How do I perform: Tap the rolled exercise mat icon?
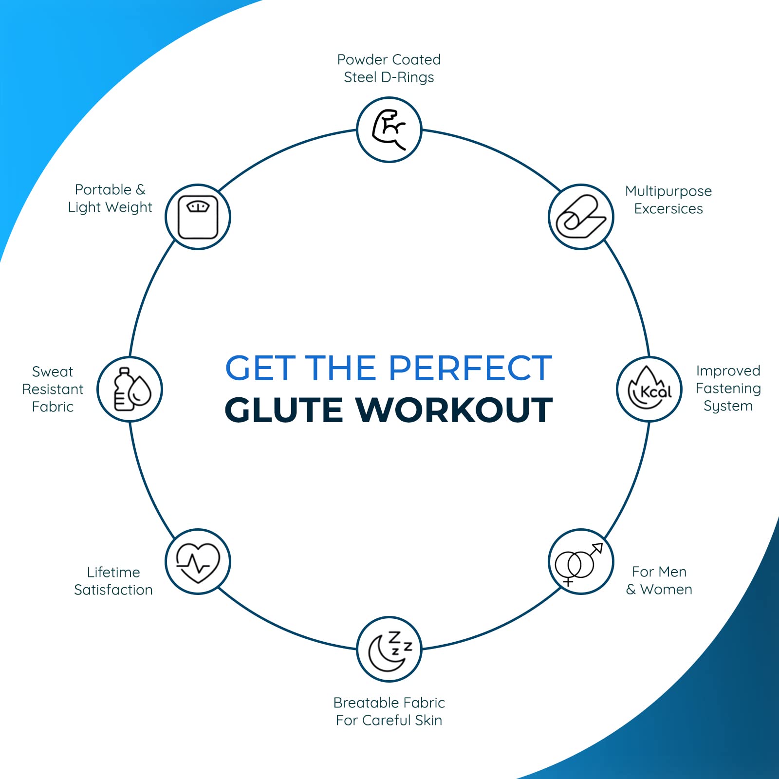[x=581, y=217]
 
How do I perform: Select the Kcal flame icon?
[x=649, y=389]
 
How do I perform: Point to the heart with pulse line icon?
[x=198, y=563]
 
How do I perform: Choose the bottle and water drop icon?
[x=132, y=389]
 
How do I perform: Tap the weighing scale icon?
[x=198, y=217]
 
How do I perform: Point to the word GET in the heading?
[x=260, y=368]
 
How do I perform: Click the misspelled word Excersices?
[x=668, y=209]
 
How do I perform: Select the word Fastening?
[x=728, y=389]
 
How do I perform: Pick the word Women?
[x=666, y=590]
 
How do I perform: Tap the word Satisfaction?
[x=113, y=590]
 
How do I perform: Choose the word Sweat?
[x=53, y=372]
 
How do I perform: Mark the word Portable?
[x=103, y=189]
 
